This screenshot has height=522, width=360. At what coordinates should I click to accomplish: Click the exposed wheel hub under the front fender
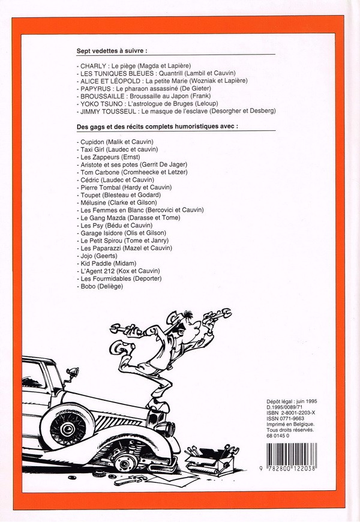pyautogui.click(x=125, y=462)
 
